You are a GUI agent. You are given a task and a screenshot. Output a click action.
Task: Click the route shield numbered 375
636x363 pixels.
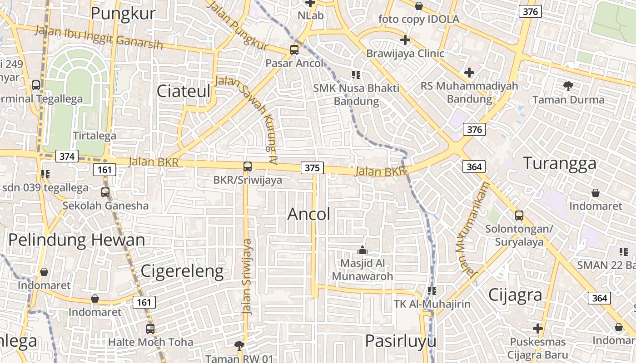[x=312, y=168]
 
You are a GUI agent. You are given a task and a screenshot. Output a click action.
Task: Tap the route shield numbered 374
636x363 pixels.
[x=67, y=157]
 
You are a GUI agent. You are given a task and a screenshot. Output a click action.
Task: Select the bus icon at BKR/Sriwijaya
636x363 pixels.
[x=248, y=167]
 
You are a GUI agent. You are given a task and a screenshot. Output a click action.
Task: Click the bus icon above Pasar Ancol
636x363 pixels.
[x=294, y=50]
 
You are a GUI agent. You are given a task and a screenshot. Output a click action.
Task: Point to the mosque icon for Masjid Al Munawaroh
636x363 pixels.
[x=362, y=250]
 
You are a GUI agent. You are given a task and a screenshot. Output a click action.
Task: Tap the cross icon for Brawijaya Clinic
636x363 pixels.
[x=405, y=40]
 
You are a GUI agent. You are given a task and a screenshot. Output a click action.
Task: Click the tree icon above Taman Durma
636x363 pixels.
[x=568, y=86]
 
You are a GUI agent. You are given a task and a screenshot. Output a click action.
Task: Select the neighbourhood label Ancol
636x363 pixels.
[x=309, y=214]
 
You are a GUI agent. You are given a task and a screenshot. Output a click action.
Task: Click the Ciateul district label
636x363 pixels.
[x=184, y=91]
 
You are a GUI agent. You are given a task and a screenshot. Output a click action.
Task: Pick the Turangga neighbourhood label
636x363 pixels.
[x=560, y=163]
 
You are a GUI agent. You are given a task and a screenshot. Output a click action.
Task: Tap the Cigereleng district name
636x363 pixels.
[x=182, y=271]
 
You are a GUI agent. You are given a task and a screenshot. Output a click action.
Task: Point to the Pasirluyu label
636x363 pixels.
[x=400, y=341]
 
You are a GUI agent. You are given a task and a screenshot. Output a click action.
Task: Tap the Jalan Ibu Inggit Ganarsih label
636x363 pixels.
[x=99, y=38]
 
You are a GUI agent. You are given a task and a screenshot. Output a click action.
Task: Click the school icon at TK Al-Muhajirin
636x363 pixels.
[x=432, y=290]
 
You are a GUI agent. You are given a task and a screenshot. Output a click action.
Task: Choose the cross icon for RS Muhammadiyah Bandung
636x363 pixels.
[x=469, y=73]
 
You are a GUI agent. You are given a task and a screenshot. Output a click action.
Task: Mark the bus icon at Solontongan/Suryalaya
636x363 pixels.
[x=519, y=216]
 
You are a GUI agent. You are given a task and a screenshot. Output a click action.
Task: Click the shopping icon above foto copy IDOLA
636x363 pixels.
[x=419, y=6]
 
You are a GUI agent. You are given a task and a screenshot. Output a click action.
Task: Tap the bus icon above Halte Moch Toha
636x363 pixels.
[x=150, y=329]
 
